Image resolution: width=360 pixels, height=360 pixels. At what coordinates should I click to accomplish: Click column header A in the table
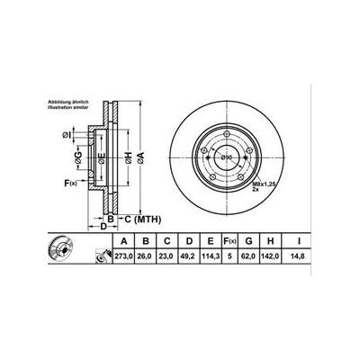pyautogui.click(x=121, y=241)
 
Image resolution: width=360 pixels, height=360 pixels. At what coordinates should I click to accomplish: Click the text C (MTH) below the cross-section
pyautogui.click(x=137, y=218)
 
